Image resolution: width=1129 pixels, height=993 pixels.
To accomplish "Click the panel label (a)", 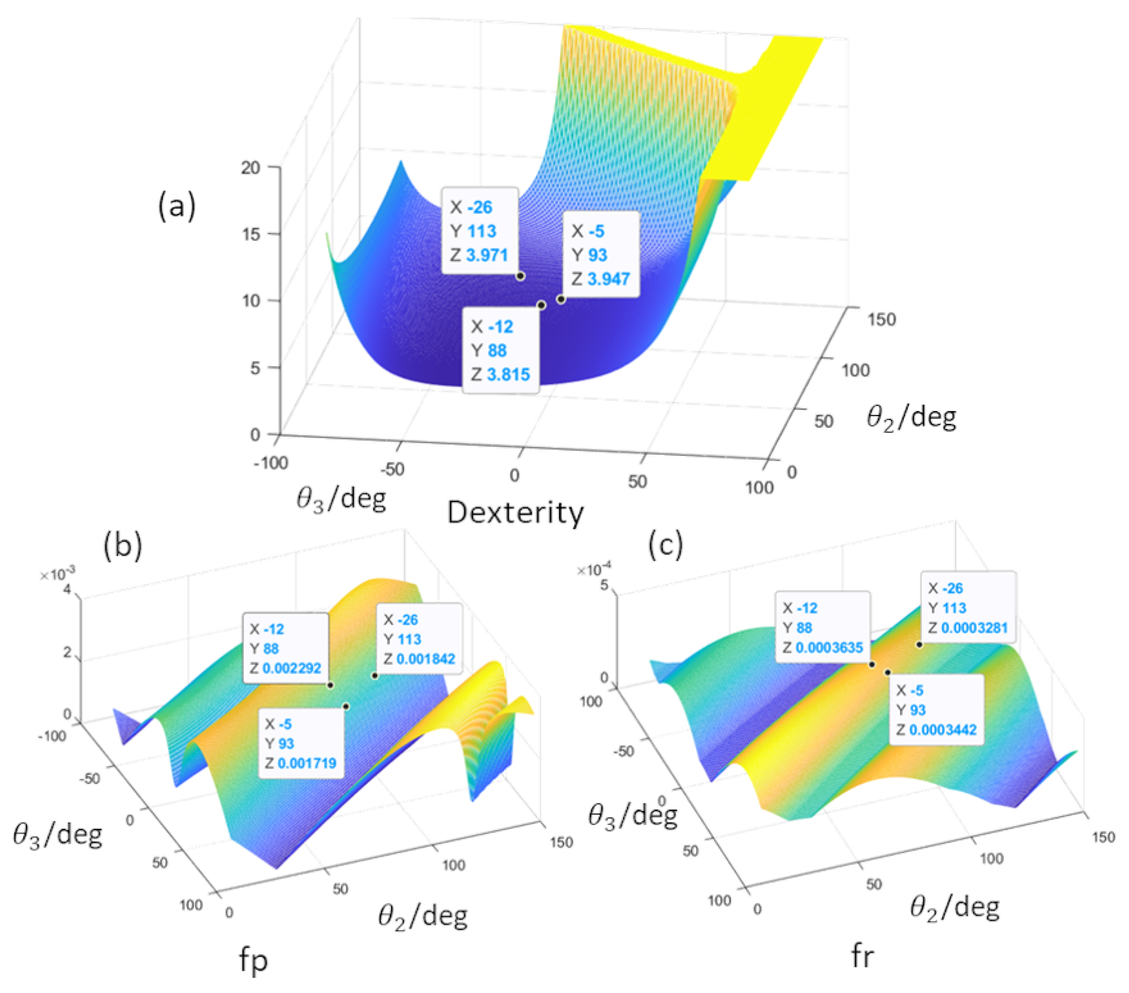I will [x=177, y=207].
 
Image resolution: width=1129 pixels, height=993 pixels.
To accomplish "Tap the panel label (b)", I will [x=123, y=545].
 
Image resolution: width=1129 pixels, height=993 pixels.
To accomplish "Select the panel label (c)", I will [x=666, y=545].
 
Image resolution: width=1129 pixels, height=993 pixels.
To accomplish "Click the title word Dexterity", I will [x=515, y=512].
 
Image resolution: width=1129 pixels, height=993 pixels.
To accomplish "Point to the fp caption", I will [x=254, y=960].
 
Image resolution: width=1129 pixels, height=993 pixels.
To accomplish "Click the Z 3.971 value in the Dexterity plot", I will [x=486, y=255].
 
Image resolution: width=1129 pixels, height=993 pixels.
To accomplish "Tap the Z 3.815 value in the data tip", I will [x=508, y=374].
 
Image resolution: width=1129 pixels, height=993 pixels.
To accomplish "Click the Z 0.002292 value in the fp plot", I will [x=292, y=668].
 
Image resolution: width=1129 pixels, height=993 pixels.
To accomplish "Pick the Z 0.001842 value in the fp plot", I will [x=426, y=659].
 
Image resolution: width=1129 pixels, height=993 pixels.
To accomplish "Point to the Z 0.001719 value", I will [x=307, y=763].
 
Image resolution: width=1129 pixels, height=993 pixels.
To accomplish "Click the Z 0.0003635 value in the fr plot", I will [x=829, y=647].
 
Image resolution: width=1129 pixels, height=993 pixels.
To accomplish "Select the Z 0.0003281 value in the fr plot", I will [x=974, y=628].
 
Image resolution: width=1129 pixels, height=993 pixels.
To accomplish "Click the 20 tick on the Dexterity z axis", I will [x=250, y=167].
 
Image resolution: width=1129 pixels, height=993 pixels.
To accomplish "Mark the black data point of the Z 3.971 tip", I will [x=520, y=275].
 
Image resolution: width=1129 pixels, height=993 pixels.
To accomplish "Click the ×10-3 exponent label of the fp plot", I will [x=58, y=575].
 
